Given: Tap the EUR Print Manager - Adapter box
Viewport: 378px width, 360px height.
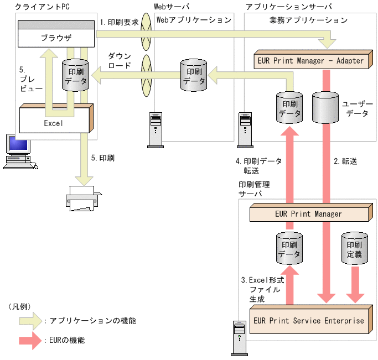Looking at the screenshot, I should click(310, 60).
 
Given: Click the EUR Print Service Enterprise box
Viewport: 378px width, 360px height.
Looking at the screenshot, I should click(308, 320).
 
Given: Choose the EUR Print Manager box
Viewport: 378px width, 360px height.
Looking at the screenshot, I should click(308, 213).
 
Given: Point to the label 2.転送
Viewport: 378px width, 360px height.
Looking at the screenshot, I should click(345, 161).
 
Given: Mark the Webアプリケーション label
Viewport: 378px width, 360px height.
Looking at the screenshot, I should click(194, 20).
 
